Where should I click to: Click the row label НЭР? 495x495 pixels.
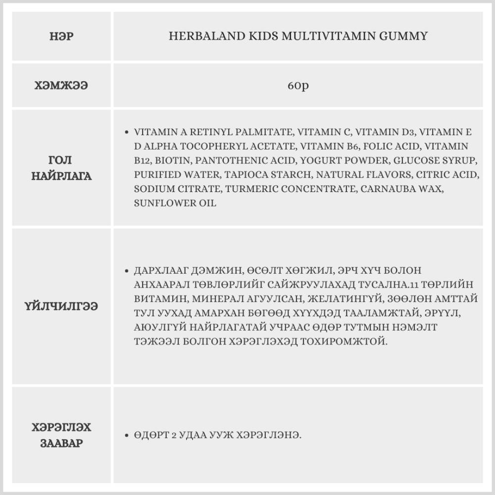[x=61, y=37]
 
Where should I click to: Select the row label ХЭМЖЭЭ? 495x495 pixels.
[x=61, y=86]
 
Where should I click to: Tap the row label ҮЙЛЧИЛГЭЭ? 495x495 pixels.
[x=61, y=306]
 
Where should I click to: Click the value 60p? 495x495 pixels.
[x=298, y=86]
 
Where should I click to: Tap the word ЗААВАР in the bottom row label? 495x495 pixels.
[x=61, y=443]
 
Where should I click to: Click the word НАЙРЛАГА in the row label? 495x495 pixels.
[x=61, y=176]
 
